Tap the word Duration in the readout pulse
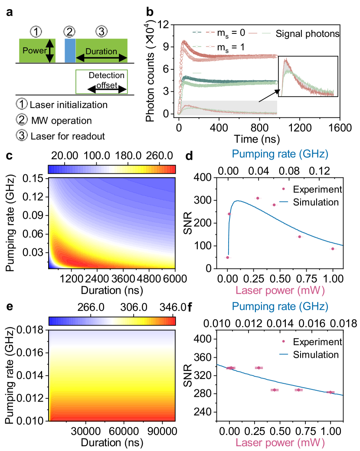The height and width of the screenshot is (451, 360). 101,51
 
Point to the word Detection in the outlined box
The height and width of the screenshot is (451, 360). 106,75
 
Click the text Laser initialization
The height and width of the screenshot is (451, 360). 69,105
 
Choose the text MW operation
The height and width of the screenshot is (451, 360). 61,121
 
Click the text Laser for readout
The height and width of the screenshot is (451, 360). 68,136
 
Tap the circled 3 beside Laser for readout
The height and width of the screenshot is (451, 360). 21,135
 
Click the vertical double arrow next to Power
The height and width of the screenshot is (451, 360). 50,51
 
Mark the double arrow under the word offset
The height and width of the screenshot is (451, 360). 107,89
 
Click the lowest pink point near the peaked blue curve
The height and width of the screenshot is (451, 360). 227,258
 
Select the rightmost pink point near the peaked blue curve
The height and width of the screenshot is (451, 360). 333,249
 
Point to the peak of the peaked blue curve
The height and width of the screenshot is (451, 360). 237,201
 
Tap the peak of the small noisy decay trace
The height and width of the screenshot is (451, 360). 285,60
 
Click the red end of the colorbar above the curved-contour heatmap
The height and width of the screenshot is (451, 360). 172,169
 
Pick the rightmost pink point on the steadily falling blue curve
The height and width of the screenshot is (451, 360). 331,392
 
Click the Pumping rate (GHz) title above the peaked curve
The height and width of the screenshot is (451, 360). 280,154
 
